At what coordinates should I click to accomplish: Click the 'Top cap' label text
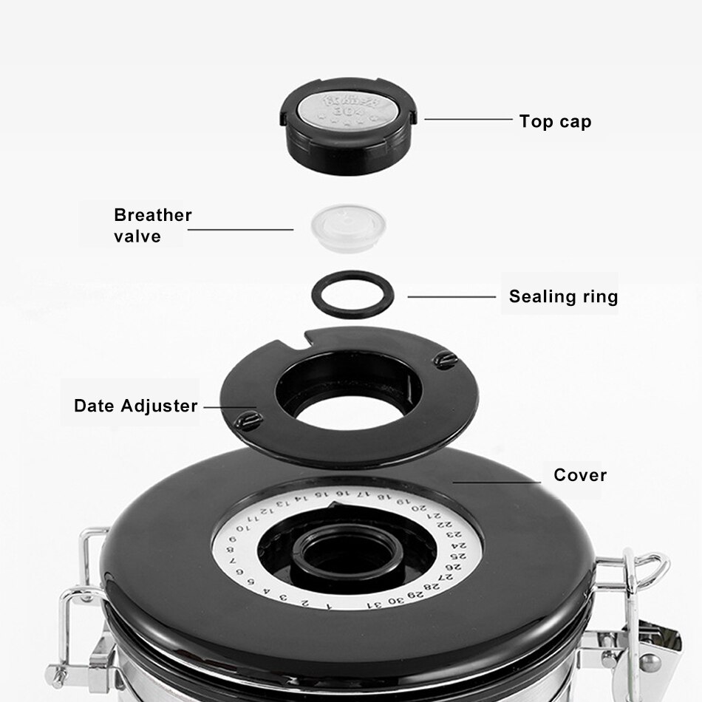555,121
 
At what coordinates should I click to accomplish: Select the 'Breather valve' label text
152,225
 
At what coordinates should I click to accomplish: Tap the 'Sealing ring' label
563,297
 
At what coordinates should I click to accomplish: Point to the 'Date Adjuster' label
136,406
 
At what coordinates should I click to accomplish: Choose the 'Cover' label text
580,475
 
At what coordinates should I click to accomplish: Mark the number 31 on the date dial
375,604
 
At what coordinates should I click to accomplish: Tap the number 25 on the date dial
460,556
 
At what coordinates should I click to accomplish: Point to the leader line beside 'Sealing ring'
451,297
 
